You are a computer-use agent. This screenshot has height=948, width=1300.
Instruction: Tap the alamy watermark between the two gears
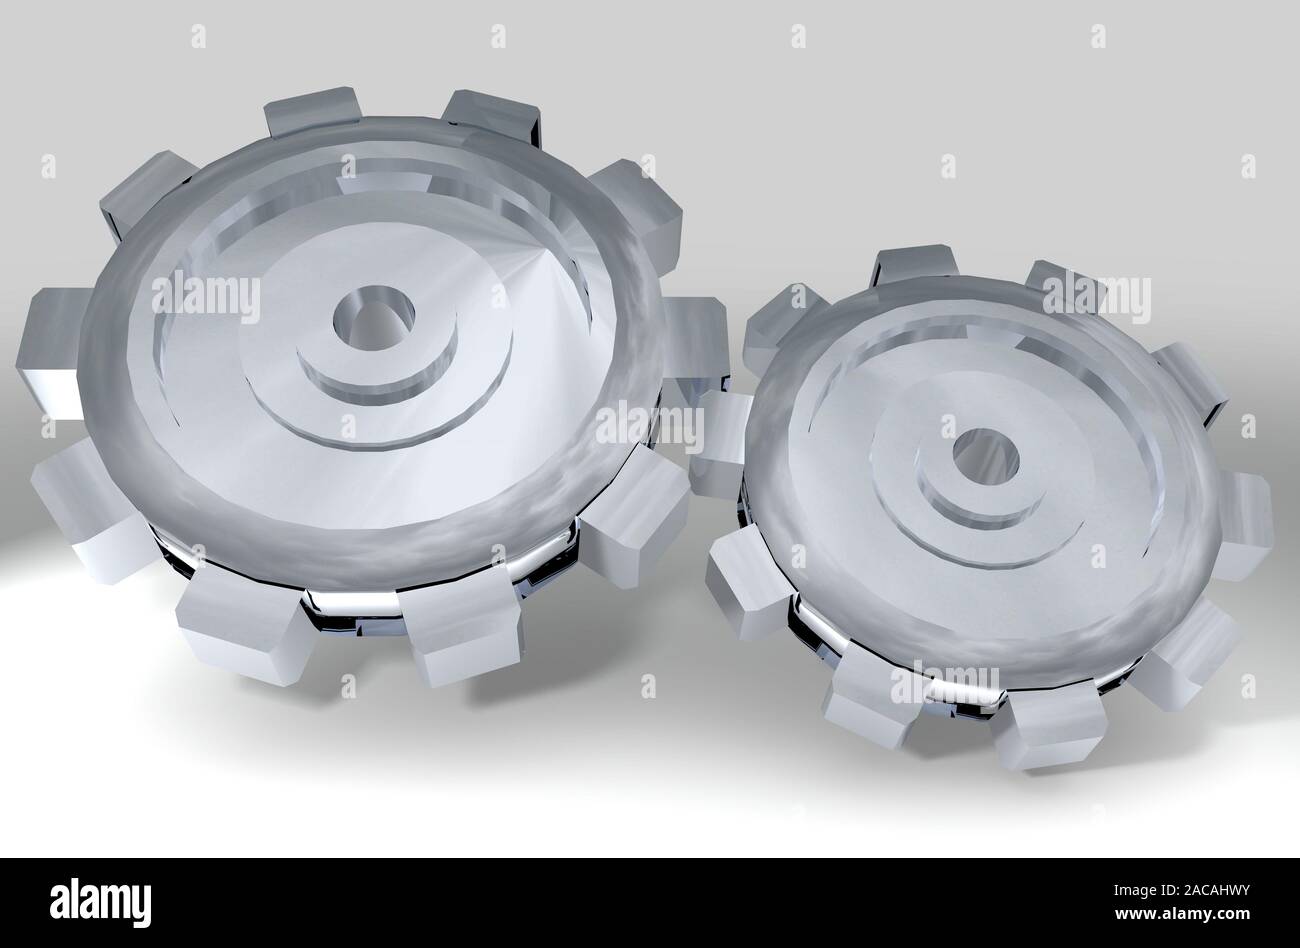650,425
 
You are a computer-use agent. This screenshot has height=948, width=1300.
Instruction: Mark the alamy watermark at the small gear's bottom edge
944,681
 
